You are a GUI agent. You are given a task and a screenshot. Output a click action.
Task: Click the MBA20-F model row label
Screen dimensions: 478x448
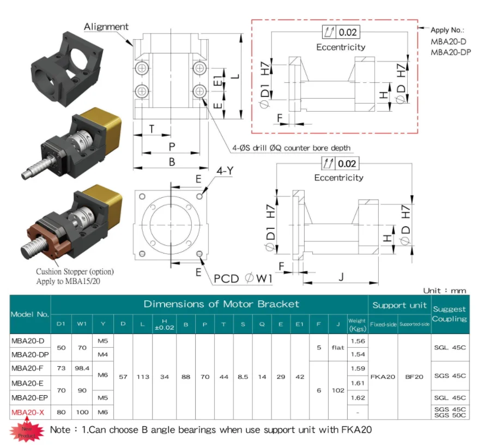pos(27,368)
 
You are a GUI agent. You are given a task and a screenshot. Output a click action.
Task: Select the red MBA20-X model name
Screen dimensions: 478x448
pos(28,413)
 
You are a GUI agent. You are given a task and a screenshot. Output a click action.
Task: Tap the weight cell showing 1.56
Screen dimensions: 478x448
pos(358,341)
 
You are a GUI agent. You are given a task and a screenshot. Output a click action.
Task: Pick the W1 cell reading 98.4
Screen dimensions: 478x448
pos(82,368)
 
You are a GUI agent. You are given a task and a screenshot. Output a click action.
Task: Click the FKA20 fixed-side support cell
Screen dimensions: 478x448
pos(383,377)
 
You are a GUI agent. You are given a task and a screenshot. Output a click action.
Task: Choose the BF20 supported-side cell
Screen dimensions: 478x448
pos(414,377)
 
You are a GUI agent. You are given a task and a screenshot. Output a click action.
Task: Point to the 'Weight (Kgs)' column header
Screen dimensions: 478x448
pos(357,325)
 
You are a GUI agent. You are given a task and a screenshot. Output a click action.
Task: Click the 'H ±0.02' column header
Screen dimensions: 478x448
pos(164,325)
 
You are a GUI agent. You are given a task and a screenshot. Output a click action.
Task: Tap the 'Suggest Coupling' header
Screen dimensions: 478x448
pos(449,314)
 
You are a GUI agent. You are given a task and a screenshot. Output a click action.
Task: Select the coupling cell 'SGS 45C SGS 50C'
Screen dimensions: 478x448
pos(450,412)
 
